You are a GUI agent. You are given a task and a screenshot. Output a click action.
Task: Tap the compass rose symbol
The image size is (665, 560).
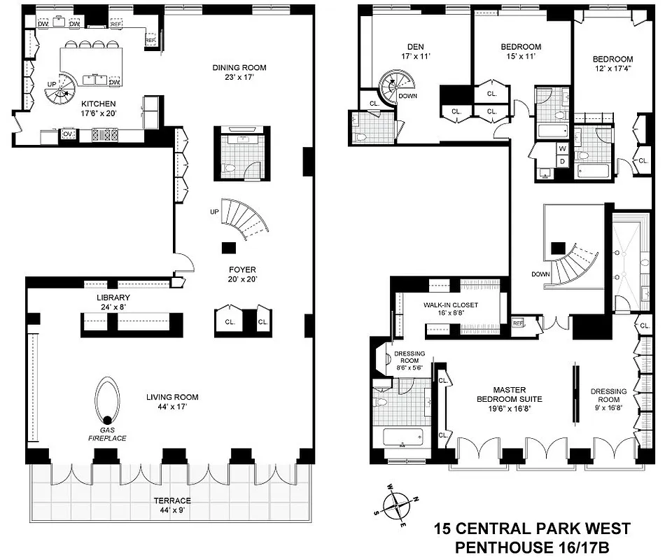(398, 504)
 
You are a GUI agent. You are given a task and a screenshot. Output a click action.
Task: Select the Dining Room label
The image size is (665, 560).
(239, 73)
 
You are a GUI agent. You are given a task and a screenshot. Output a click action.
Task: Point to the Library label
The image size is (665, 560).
(113, 302)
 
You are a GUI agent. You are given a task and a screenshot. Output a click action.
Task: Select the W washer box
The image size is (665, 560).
(562, 148)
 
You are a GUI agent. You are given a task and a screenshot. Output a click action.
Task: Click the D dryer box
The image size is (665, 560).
(562, 162)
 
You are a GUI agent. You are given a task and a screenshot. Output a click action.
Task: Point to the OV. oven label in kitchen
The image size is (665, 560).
(68, 134)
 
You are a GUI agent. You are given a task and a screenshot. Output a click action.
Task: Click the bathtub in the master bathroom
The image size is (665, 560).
(402, 440)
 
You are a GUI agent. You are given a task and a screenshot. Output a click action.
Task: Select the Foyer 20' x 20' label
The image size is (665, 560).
(241, 274)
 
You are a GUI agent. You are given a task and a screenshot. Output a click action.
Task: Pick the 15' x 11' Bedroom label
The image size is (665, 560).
(520, 52)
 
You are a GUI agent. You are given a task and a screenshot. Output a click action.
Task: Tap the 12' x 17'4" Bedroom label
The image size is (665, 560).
(612, 64)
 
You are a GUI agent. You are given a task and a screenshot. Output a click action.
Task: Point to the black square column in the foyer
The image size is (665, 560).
(227, 246)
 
